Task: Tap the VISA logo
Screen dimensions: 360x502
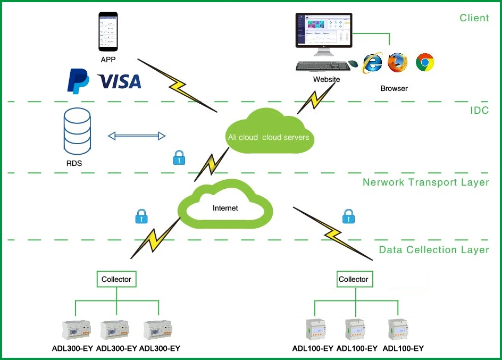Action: click(120, 81)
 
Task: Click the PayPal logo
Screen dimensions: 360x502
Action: click(78, 81)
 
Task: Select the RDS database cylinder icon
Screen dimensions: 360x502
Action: click(77, 131)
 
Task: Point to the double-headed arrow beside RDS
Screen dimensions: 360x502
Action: click(137, 136)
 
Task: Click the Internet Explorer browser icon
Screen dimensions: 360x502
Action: click(372, 63)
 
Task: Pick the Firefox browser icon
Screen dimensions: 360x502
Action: click(397, 62)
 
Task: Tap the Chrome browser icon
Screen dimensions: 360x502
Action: click(425, 62)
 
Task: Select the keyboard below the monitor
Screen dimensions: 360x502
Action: click(322, 66)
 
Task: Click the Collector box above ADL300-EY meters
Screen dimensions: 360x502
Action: click(116, 279)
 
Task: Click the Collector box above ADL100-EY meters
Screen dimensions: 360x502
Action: click(353, 279)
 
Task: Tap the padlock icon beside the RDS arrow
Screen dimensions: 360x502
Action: click(179, 157)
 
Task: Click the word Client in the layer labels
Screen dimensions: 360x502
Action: click(474, 18)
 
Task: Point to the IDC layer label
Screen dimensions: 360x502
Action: click(479, 111)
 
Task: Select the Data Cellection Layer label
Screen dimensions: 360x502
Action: click(433, 249)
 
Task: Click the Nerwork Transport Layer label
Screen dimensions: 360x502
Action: click(425, 182)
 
